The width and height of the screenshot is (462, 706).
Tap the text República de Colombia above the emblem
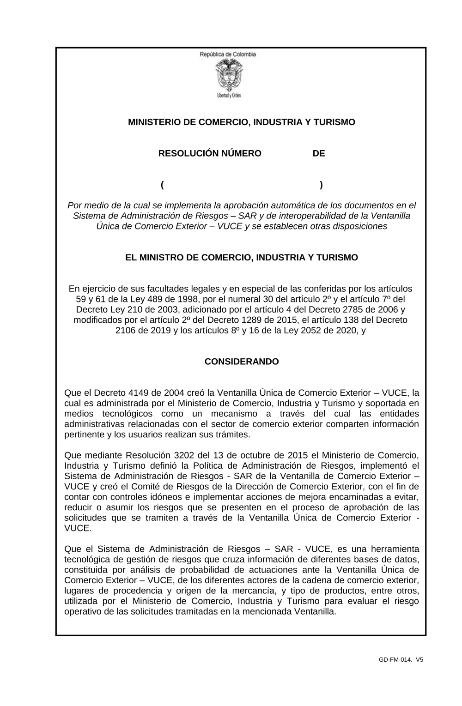(228, 54)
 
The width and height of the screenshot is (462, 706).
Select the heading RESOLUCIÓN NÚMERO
(210, 153)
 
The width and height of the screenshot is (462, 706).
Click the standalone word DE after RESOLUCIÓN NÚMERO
(319, 153)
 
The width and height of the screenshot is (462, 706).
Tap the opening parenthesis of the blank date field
(163, 185)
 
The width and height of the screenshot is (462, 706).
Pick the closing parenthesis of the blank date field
(321, 185)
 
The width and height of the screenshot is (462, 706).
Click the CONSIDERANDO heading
(242, 362)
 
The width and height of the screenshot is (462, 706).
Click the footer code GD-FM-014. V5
(401, 660)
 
